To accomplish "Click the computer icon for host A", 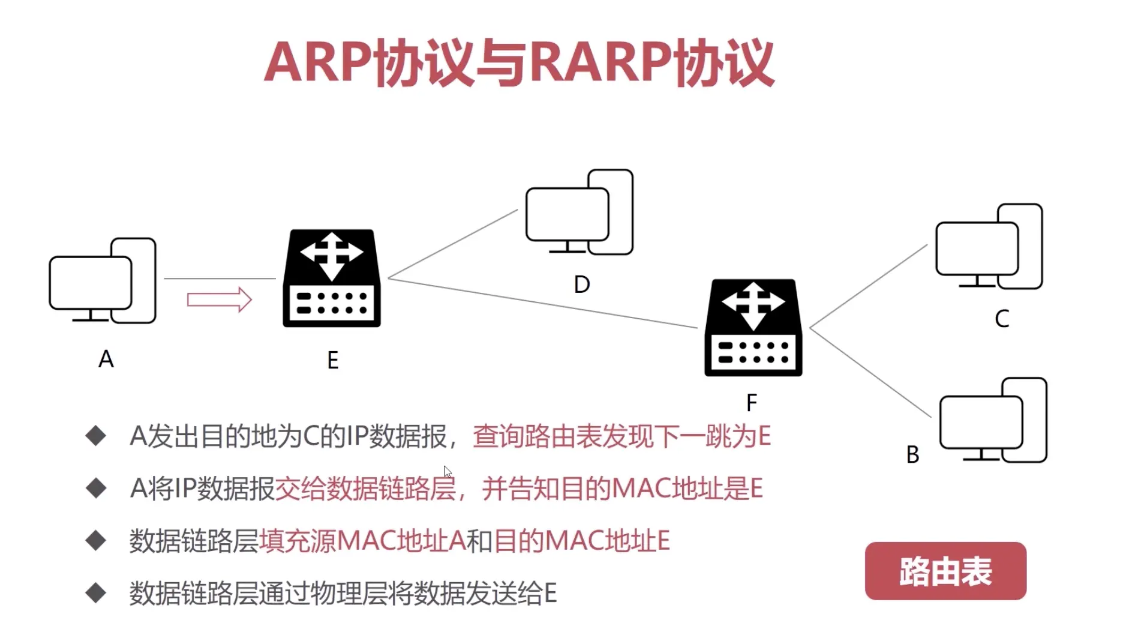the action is coord(102,281).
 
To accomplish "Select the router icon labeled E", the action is coord(332,278).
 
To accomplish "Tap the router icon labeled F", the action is coord(753,328).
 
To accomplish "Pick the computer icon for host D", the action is coord(579,212).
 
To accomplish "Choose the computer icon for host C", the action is coord(989,247).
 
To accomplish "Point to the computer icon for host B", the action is coord(993,421).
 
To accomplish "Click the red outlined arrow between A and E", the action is coord(219,299).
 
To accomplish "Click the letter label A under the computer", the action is coord(106,360).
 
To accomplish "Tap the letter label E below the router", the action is coord(333,360).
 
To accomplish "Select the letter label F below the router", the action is coord(752,403).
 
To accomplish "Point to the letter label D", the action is coord(581,284).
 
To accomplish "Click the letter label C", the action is coord(1002,319).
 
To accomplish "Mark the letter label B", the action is coord(912,455).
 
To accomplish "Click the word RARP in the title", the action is coord(600,62).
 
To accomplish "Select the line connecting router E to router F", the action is coord(543,303).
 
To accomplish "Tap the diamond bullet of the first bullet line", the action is coord(96,436).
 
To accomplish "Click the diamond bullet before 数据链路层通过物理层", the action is coord(96,593).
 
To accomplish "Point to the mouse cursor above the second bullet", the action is coord(448,472).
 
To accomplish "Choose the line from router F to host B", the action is coord(870,372).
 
